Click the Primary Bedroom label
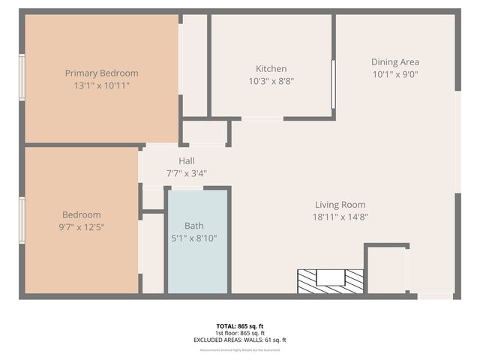point(101,73)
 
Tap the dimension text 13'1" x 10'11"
point(101,86)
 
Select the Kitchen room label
point(271,69)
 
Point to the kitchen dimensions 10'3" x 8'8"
point(271,81)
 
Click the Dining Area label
point(394,62)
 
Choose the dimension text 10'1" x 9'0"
point(394,74)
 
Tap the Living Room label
point(340,205)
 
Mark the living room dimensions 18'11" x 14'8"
point(340,217)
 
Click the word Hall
point(187,161)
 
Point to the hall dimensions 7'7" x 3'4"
point(187,173)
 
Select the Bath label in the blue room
point(194,226)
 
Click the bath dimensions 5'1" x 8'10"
point(194,238)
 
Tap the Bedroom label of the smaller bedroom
point(82,214)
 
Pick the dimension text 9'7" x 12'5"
point(82,226)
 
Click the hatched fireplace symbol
point(330,281)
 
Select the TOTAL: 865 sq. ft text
point(240,326)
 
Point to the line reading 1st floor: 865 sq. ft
point(240,333)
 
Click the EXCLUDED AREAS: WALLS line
point(240,340)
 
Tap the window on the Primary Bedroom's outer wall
point(22,76)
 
